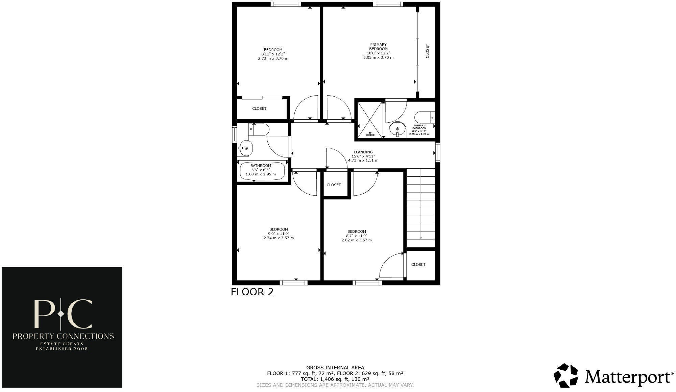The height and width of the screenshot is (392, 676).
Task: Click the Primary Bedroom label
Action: (x=378, y=47)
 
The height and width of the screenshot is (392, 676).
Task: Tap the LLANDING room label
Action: (x=363, y=152)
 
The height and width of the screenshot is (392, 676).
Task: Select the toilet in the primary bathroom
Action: (x=425, y=118)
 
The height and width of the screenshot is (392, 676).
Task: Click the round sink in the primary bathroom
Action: (x=397, y=129)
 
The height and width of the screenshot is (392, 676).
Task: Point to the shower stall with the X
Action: (x=370, y=119)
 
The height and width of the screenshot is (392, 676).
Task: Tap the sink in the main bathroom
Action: (x=245, y=148)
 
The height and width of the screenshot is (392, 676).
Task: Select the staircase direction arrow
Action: (x=421, y=204)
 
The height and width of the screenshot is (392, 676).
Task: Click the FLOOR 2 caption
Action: (x=252, y=292)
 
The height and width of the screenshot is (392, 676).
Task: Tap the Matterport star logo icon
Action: (x=566, y=375)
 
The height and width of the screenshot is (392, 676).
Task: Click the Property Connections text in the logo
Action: (x=63, y=336)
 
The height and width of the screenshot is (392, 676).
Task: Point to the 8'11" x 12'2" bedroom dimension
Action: (x=273, y=54)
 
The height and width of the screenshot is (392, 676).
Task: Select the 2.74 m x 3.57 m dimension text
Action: (x=279, y=238)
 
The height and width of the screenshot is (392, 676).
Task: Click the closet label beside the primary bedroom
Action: (x=427, y=51)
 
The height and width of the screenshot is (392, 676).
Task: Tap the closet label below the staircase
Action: (x=418, y=264)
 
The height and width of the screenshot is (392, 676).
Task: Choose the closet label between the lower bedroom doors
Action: (x=334, y=185)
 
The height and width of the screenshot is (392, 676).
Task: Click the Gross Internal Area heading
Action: (x=335, y=368)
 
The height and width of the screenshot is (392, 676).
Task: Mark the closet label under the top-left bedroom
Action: (x=259, y=108)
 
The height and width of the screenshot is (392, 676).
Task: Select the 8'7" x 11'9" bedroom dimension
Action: (x=357, y=236)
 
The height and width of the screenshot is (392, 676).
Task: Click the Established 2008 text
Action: (x=62, y=348)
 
